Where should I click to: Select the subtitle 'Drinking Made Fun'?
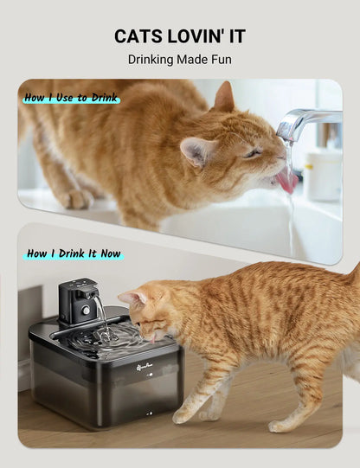tap(179, 60)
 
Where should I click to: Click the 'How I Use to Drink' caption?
tap(71, 98)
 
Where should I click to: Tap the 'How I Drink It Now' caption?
tap(74, 253)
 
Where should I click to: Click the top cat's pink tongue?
tap(285, 181)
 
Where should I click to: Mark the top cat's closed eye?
tap(252, 153)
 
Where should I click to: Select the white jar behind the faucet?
tap(324, 173)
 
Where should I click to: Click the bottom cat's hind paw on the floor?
tap(281, 425)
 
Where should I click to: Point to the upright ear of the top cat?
tap(225, 96)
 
